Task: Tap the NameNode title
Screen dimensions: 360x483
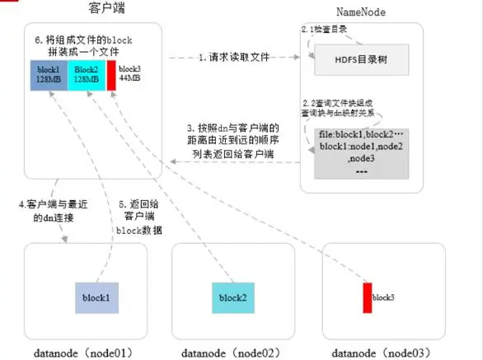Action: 361,11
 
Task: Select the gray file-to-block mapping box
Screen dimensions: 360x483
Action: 362,153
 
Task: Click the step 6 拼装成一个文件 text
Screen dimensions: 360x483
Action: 91,47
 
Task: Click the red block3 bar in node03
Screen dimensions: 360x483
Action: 368,297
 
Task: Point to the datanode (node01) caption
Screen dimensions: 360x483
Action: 83,353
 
